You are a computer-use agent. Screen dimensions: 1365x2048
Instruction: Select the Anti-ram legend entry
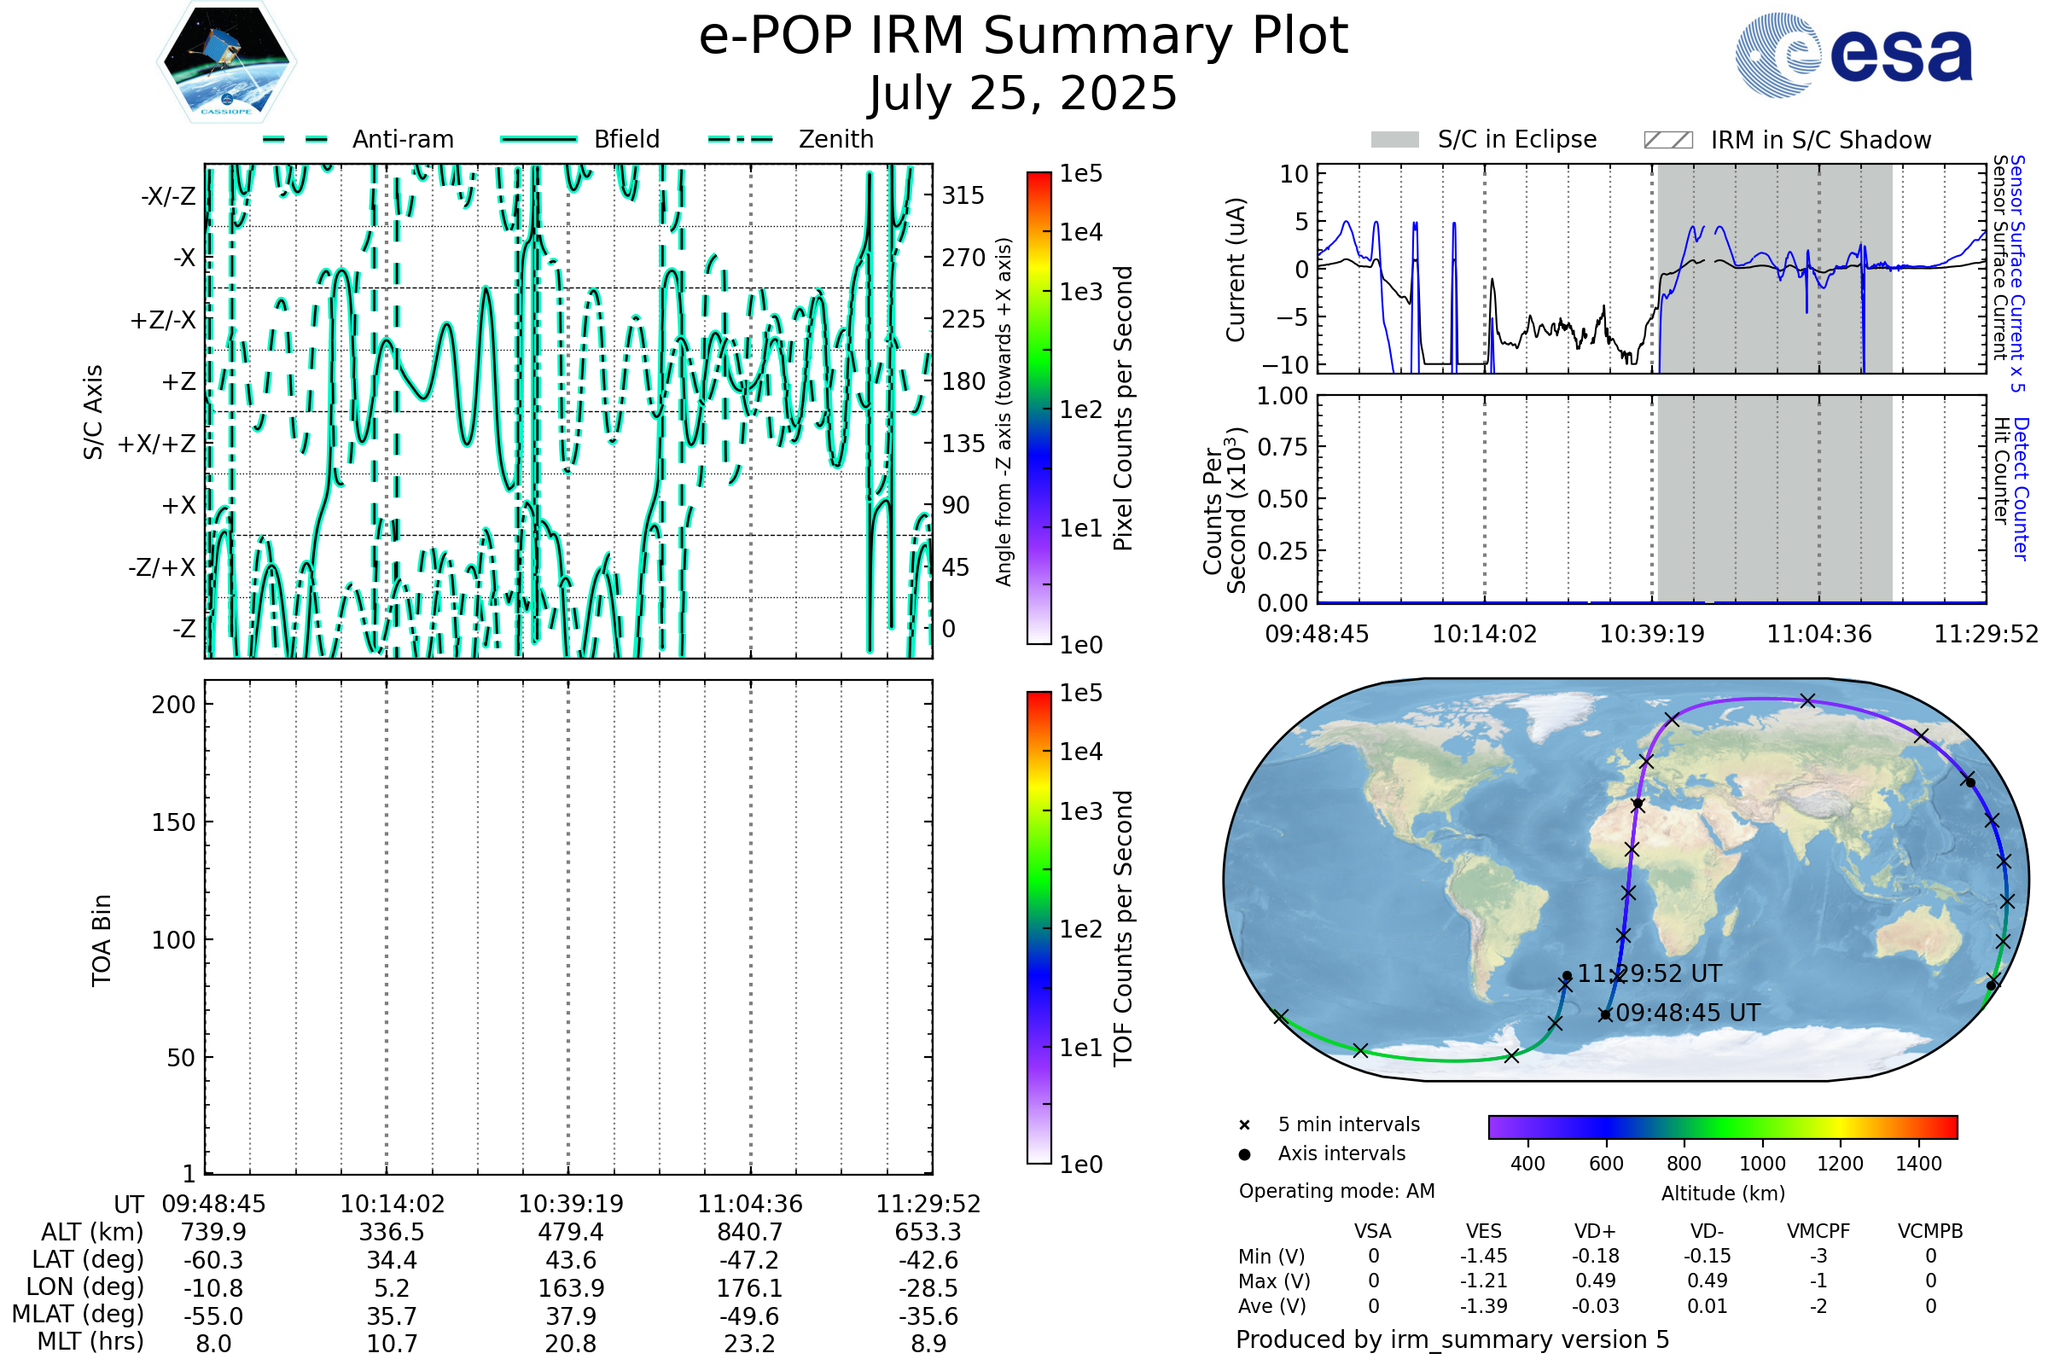(358, 139)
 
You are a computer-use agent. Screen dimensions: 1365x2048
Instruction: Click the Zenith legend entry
(791, 139)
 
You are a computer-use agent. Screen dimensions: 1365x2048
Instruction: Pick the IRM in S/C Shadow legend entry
(1787, 140)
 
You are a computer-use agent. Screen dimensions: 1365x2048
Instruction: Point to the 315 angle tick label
(963, 195)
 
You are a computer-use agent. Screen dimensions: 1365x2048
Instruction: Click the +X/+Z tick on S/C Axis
(157, 444)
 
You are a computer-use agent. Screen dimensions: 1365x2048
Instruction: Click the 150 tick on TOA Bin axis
(173, 822)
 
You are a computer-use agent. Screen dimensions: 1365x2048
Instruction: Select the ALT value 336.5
(392, 1233)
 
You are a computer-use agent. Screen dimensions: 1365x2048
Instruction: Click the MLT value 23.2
(749, 1343)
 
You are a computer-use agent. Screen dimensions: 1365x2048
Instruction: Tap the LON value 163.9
(570, 1287)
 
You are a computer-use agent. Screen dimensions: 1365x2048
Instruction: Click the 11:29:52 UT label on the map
(1649, 974)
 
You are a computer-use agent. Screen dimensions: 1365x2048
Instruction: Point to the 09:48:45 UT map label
(1688, 1014)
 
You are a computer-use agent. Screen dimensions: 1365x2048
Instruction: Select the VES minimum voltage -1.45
(1483, 1256)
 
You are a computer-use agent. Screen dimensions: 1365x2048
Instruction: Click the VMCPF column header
(1818, 1232)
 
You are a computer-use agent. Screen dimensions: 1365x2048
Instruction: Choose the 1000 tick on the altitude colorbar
(1762, 1164)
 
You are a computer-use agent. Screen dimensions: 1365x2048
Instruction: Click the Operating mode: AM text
(1336, 1191)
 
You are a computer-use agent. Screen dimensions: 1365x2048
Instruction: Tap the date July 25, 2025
(1023, 93)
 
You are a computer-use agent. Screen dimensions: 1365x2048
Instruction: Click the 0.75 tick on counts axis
(1283, 447)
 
